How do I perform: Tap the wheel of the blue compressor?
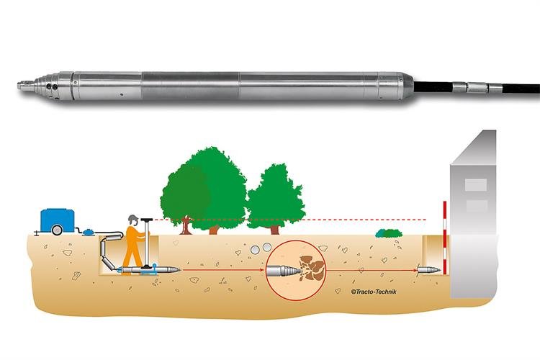click(x=57, y=230)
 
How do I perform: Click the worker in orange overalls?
click(x=135, y=245)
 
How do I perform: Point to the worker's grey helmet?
click(x=132, y=218)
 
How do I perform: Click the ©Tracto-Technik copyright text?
click(x=374, y=292)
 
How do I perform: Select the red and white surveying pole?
click(x=445, y=238)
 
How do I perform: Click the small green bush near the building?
click(x=389, y=233)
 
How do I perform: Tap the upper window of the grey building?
click(x=476, y=184)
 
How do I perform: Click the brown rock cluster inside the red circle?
click(x=312, y=267)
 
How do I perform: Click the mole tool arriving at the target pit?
click(x=428, y=270)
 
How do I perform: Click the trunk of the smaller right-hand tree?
click(x=275, y=230)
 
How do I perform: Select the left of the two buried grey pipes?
click(x=255, y=250)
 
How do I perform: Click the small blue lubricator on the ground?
click(x=89, y=232)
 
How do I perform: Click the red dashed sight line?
click(x=289, y=220)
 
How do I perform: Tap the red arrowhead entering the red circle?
click(x=263, y=270)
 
